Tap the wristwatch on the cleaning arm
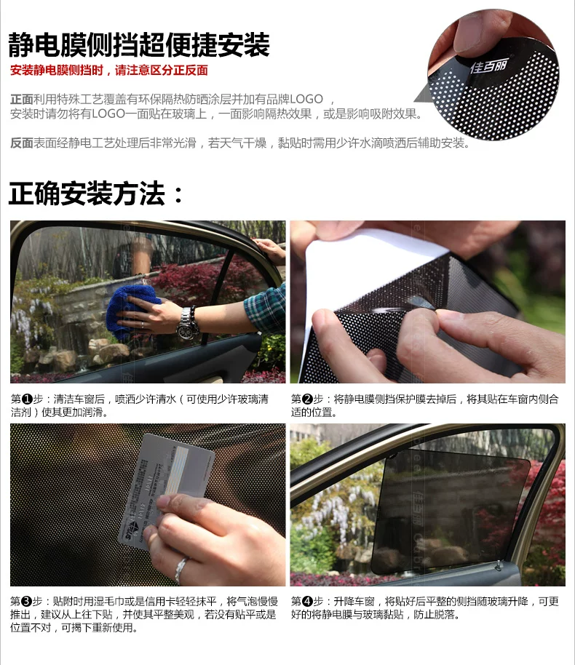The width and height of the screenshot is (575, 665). [x=186, y=323]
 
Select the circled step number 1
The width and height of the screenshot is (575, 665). [x=27, y=399]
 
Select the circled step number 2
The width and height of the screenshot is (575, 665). [x=307, y=399]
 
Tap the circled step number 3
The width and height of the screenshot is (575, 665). [x=27, y=602]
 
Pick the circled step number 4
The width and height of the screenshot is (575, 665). [x=307, y=602]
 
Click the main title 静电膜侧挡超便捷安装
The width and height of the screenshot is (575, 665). [x=139, y=44]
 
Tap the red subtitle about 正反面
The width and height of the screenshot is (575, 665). [x=109, y=71]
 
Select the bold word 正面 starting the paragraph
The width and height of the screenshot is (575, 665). [x=22, y=99]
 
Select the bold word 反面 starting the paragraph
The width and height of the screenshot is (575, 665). [x=22, y=143]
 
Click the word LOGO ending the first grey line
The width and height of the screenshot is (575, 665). [x=306, y=99]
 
